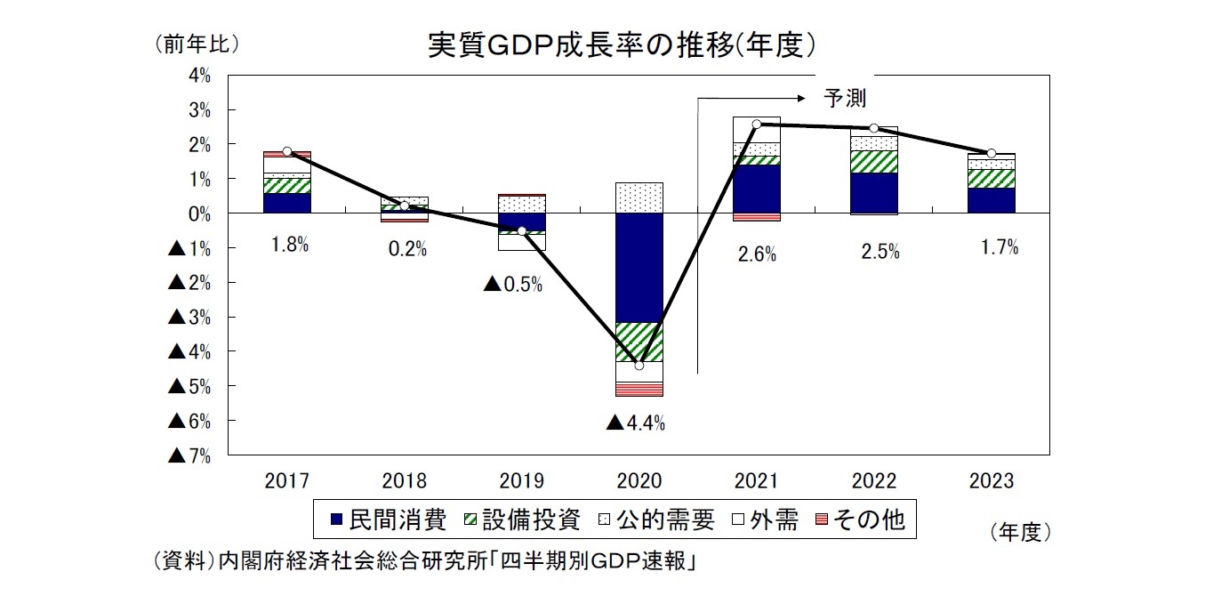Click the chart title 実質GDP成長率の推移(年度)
[x=622, y=44]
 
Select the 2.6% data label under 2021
[x=757, y=254]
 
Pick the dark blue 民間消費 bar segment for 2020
[x=639, y=267]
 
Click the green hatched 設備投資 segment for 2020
[x=639, y=342]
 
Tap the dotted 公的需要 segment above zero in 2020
[x=639, y=197]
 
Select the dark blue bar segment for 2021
[x=757, y=189]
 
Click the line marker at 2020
[x=639, y=365]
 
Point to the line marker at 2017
[x=287, y=151]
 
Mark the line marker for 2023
[x=992, y=153]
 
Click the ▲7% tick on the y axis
[x=189, y=455]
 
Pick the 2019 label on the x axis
[x=522, y=481]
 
